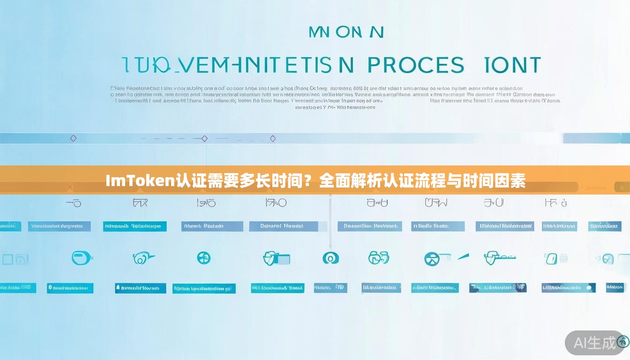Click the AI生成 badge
[x=594, y=343]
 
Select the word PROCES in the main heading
[x=416, y=65]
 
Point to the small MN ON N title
[x=346, y=32]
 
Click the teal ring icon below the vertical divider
[x=330, y=258]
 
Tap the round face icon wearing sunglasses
[x=432, y=258]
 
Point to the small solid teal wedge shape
[x=463, y=256]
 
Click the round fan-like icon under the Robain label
[x=203, y=258]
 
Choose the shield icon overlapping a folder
[x=276, y=258]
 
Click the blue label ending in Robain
[x=212, y=226]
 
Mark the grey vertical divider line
[x=330, y=220]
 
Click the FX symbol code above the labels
[x=140, y=203]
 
